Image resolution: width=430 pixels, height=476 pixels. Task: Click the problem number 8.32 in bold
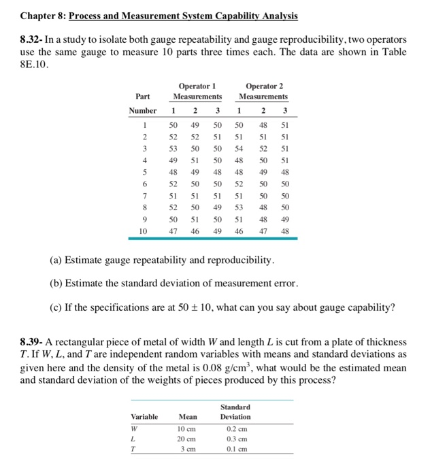pyautogui.click(x=31, y=40)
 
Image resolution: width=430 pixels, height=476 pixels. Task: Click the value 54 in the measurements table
pyautogui.click(x=239, y=148)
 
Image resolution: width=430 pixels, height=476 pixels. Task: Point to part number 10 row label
pyautogui.click(x=143, y=231)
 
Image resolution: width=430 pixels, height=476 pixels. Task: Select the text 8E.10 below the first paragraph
pyautogui.click(x=33, y=65)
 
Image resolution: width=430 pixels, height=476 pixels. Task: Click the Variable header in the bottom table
pyautogui.click(x=144, y=417)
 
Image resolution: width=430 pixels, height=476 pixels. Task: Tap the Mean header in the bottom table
pyautogui.click(x=188, y=417)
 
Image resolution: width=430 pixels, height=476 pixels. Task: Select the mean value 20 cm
pyautogui.click(x=188, y=439)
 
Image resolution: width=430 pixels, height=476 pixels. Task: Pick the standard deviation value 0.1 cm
pyautogui.click(x=235, y=450)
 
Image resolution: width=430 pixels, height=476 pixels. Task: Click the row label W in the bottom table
pyautogui.click(x=135, y=428)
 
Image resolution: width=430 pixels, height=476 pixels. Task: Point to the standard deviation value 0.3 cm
pyautogui.click(x=235, y=439)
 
